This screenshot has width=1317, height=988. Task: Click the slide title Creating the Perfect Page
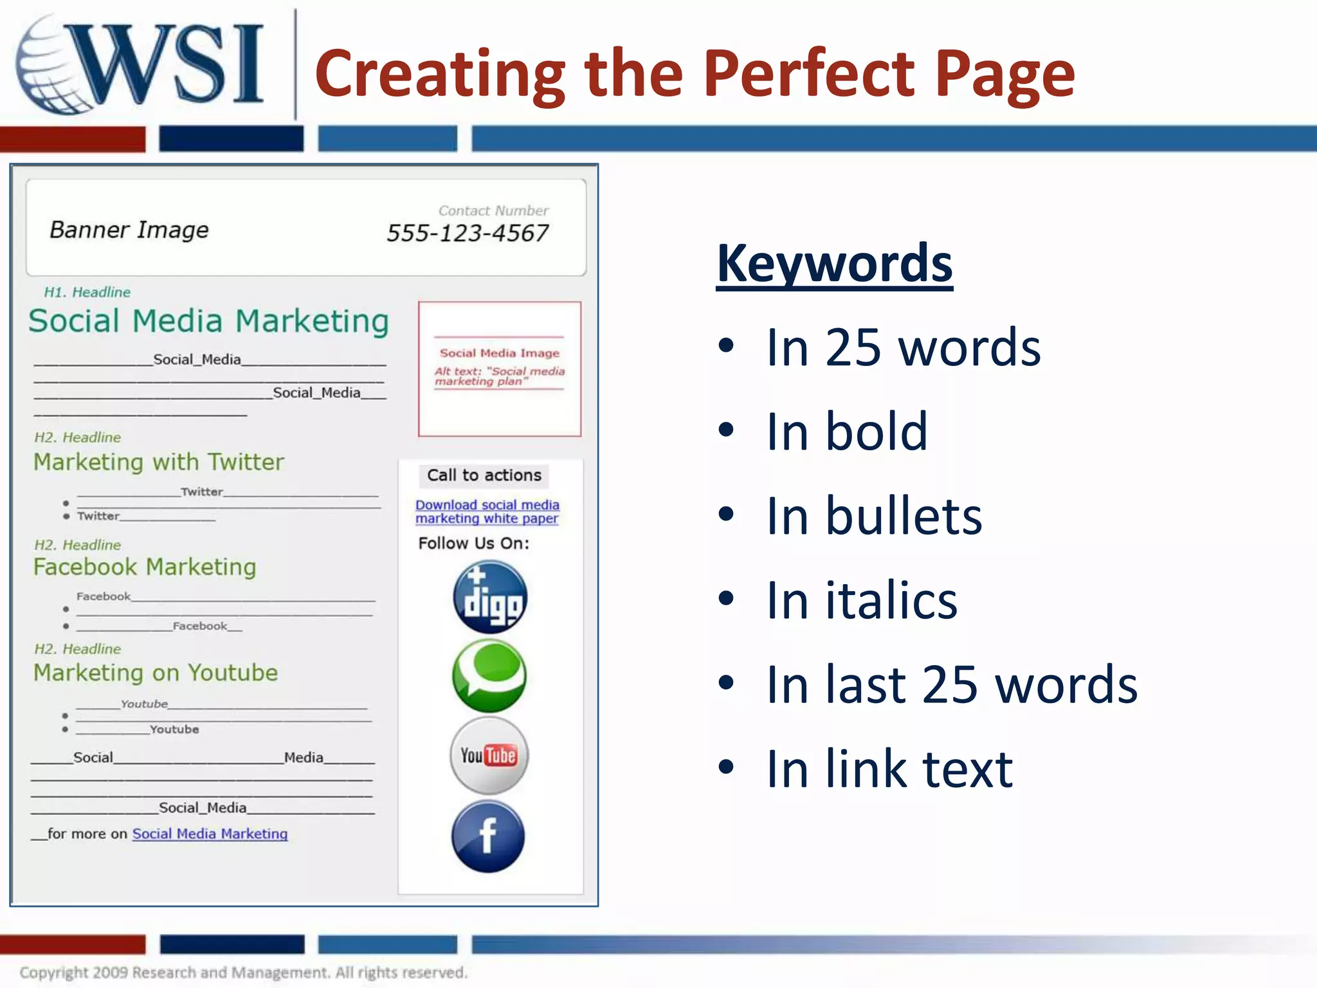coord(695,74)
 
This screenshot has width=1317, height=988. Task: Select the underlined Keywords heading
coord(834,264)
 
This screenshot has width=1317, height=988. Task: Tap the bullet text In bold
coord(846,432)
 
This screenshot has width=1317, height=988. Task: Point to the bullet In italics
coord(862,600)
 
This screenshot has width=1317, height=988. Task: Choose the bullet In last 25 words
coord(952,684)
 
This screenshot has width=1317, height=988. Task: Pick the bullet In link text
coord(889,769)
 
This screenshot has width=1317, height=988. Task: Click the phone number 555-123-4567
coord(468,233)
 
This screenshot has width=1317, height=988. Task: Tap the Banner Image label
coord(129,230)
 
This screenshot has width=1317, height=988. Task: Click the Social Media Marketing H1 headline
coord(209,321)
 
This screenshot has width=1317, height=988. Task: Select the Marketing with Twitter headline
coord(158,462)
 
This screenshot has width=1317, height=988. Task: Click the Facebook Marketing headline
coord(145,567)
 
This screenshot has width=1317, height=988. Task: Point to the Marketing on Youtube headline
coord(156,673)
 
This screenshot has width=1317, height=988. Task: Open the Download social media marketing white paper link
coord(487,512)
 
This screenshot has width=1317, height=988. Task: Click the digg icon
coord(490,597)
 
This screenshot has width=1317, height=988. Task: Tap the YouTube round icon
coord(489,755)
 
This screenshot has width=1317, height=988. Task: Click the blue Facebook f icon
coord(488,836)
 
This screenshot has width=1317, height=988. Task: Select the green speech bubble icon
coord(489,675)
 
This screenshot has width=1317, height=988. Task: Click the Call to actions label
coord(484,475)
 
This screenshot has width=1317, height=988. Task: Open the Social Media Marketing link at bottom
coord(210,834)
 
